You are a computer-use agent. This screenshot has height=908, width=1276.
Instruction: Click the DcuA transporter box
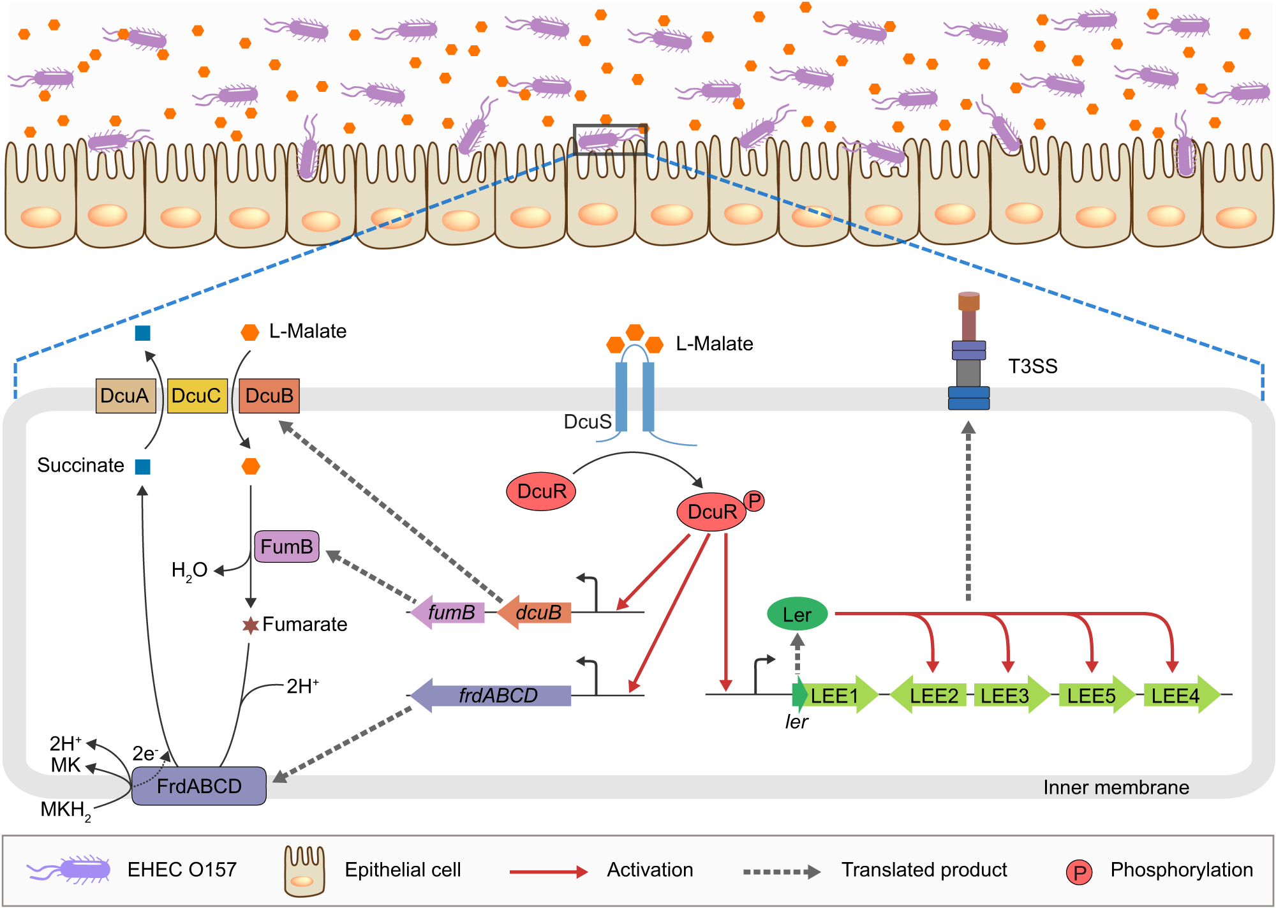click(126, 396)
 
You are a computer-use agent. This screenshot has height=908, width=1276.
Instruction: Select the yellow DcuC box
click(197, 396)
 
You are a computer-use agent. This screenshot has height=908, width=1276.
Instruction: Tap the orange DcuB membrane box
click(269, 396)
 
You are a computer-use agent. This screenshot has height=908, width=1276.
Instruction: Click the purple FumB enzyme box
click(286, 547)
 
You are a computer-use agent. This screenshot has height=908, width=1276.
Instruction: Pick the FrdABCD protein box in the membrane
click(199, 786)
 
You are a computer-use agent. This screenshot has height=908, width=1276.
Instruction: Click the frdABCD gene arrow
click(491, 695)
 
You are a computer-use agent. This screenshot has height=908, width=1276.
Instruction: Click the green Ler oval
click(797, 614)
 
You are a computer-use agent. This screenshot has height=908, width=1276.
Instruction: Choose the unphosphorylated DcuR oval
click(541, 491)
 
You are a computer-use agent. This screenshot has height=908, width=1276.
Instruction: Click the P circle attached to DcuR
click(754, 501)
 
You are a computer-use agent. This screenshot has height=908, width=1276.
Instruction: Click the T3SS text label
click(1032, 366)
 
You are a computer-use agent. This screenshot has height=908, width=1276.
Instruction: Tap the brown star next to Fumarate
click(250, 625)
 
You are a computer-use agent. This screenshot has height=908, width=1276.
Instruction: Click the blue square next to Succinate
click(143, 466)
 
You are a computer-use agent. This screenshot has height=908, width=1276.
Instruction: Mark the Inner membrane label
click(1116, 787)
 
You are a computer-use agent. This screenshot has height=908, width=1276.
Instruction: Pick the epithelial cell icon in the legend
click(304, 870)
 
